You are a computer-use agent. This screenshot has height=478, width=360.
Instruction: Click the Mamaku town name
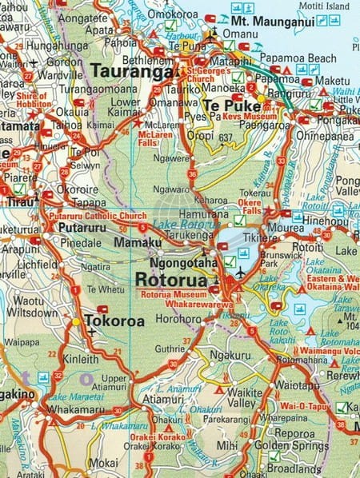tap(133, 241)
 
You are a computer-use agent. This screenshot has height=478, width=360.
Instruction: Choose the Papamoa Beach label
tap(307, 58)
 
